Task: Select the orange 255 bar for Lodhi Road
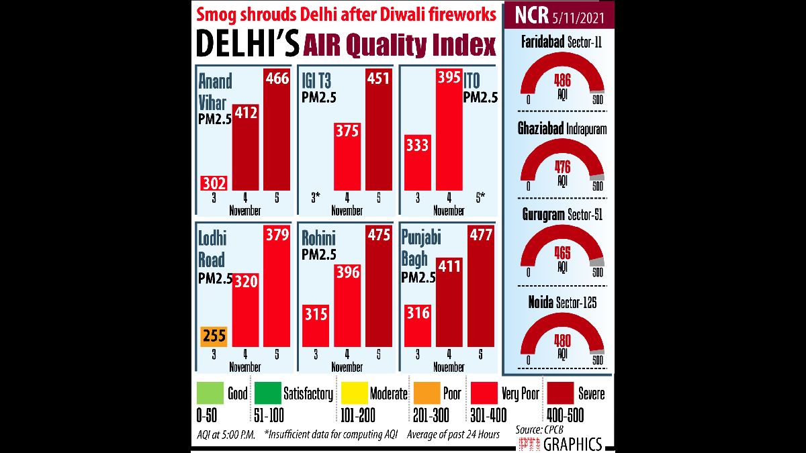(214, 336)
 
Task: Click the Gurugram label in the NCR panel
(541, 215)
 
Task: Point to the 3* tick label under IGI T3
(315, 197)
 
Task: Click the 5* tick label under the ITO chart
(480, 197)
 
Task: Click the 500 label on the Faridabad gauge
(598, 101)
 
